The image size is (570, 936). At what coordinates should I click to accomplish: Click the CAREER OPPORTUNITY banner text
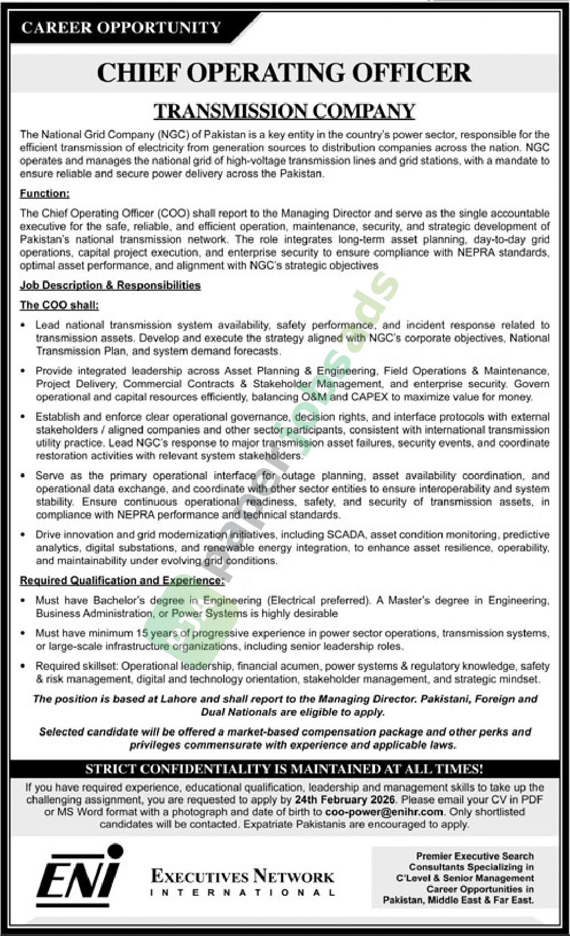pyautogui.click(x=121, y=28)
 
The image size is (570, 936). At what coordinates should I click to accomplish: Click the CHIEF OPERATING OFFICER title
pyautogui.click(x=284, y=73)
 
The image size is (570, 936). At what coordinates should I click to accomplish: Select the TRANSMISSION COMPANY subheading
pyautogui.click(x=284, y=111)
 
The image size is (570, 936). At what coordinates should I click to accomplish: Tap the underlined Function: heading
pyautogui.click(x=45, y=194)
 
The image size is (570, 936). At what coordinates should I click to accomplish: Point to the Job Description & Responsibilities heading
pyautogui.click(x=110, y=285)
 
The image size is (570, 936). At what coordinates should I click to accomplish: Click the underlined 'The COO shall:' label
pyautogui.click(x=59, y=305)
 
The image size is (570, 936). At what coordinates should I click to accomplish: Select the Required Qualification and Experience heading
pyautogui.click(x=122, y=581)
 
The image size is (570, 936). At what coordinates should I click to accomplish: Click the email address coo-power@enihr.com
pyautogui.click(x=384, y=812)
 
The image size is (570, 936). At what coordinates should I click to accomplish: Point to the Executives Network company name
pyautogui.click(x=242, y=877)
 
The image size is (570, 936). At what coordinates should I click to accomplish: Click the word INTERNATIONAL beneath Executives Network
pyautogui.click(x=242, y=892)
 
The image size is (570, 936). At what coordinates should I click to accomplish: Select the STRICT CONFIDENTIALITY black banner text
pyautogui.click(x=284, y=769)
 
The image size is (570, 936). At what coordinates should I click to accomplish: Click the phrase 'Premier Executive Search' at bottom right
pyautogui.click(x=475, y=856)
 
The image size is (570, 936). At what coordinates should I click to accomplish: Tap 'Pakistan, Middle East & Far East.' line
pyautogui.click(x=458, y=900)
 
